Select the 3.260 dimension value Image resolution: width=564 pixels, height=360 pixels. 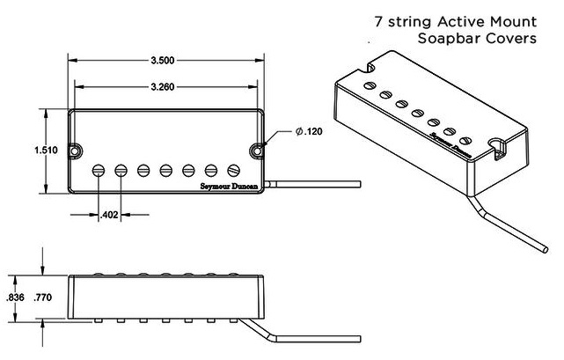pyautogui.click(x=166, y=86)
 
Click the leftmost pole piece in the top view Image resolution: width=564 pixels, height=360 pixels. pyautogui.click(x=98, y=168)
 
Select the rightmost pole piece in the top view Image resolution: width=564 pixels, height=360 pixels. pyautogui.click(x=234, y=168)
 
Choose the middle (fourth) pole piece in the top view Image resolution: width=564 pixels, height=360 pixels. pyautogui.click(x=166, y=168)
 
